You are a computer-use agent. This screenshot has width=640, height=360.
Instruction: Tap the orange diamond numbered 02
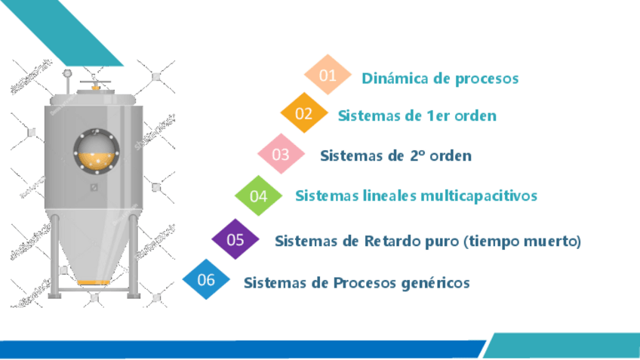click(304, 114)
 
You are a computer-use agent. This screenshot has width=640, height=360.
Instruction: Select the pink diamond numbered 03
click(281, 155)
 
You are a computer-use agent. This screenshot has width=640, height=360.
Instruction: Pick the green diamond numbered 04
click(259, 196)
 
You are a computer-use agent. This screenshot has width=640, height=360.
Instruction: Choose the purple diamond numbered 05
click(235, 240)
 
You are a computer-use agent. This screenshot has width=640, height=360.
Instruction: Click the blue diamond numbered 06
click(206, 280)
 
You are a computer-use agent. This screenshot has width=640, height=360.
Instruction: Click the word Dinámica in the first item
click(392, 78)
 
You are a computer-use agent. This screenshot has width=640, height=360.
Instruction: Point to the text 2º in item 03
click(420, 155)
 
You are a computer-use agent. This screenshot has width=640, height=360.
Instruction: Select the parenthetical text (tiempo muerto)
click(522, 241)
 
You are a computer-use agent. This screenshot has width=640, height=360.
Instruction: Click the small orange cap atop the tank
click(95, 88)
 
